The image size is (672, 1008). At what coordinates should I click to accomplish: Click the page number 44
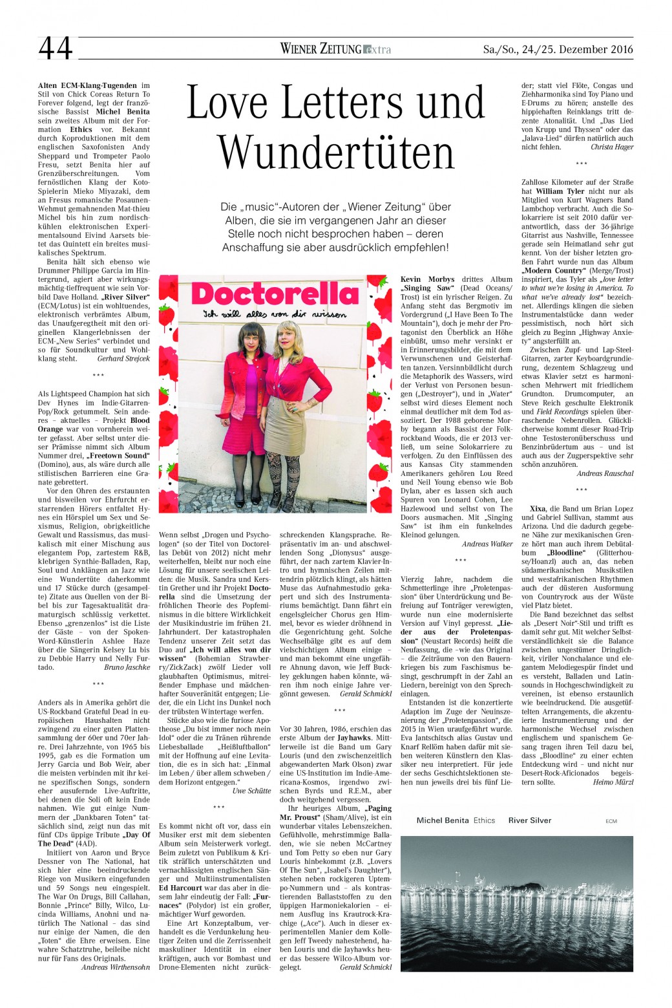click(56, 48)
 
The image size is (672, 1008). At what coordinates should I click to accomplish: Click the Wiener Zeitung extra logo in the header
click(335, 48)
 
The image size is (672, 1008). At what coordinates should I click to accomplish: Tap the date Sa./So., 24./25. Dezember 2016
click(558, 49)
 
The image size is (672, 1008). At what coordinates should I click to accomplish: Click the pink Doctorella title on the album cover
click(275, 295)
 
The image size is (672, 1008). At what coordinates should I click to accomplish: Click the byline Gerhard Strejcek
click(123, 358)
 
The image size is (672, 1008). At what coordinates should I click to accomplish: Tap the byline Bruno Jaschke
click(127, 667)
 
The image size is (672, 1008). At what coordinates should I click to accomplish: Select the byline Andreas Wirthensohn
click(116, 967)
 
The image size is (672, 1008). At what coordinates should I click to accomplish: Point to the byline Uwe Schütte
click(251, 791)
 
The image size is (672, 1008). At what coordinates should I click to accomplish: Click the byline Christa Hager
click(612, 147)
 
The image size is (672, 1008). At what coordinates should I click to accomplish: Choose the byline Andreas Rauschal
click(605, 473)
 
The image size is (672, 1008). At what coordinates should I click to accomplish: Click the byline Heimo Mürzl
click(613, 782)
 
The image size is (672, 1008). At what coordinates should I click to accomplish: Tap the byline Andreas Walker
click(487, 544)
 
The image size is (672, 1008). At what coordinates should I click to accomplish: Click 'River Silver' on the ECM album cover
click(530, 820)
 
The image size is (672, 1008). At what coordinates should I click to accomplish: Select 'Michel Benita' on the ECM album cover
click(443, 820)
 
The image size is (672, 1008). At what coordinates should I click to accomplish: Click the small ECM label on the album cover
click(611, 821)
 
